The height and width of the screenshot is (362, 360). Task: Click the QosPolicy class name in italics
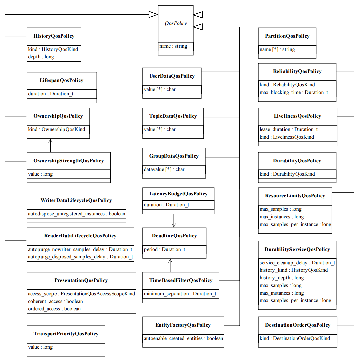pyautogui.click(x=176, y=23)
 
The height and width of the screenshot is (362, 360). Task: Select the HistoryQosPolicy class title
pyautogui.click(x=54, y=36)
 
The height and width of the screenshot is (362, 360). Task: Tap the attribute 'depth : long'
pyautogui.click(x=41, y=57)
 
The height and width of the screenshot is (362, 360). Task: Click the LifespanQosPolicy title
pyautogui.click(x=61, y=80)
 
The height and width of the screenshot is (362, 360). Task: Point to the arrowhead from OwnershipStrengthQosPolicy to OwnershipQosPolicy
pyautogui.click(x=50, y=141)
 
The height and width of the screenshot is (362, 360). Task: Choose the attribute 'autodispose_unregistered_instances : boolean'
pyautogui.click(x=76, y=214)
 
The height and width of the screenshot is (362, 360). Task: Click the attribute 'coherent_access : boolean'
pyautogui.click(x=55, y=301)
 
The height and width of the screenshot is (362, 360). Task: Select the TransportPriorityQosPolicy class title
pyautogui.click(x=66, y=334)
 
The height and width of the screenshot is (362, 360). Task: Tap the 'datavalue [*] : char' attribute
pyautogui.click(x=164, y=169)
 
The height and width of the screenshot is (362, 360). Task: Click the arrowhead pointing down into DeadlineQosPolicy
pyautogui.click(x=174, y=225)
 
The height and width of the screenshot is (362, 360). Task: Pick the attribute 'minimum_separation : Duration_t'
pyautogui.click(x=180, y=294)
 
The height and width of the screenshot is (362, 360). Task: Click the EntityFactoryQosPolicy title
pyautogui.click(x=183, y=325)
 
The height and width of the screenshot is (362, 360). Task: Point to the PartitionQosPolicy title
pyautogui.click(x=287, y=36)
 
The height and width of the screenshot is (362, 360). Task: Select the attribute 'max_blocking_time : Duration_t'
pyautogui.click(x=294, y=92)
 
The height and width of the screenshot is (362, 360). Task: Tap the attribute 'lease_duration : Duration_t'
pyautogui.click(x=289, y=129)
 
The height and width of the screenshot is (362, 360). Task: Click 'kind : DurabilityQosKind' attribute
pyautogui.click(x=287, y=174)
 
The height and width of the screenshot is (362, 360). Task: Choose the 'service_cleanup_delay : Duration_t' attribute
pyautogui.click(x=297, y=263)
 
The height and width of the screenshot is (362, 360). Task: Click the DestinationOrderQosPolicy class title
pyautogui.click(x=298, y=325)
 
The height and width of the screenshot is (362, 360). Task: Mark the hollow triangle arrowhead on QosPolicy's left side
pyautogui.click(x=153, y=14)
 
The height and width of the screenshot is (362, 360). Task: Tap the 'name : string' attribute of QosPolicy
pyautogui.click(x=173, y=46)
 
